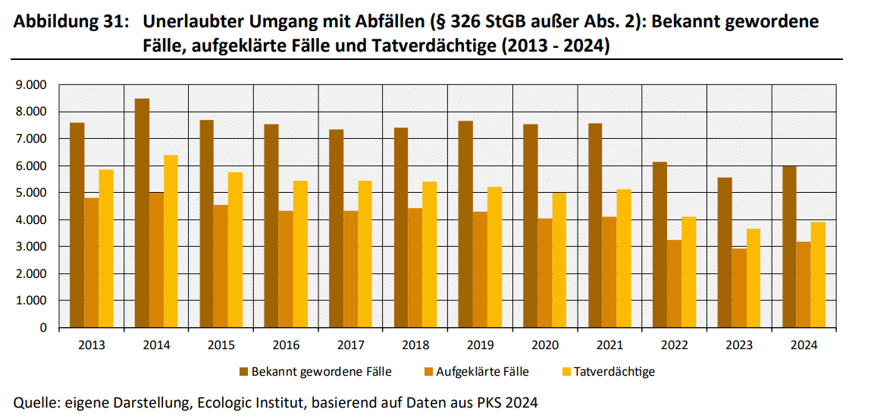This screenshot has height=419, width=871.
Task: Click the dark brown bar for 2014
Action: point(142,213)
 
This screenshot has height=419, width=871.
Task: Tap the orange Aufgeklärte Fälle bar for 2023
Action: point(739,288)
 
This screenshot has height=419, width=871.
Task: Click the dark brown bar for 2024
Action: point(789,247)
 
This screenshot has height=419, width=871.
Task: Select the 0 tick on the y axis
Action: point(43,328)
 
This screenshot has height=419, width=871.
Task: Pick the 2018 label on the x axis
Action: point(415,345)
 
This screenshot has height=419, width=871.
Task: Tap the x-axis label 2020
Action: point(545,345)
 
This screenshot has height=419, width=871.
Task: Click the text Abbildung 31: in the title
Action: point(67,22)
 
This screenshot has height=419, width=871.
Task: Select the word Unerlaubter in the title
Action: point(186,22)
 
